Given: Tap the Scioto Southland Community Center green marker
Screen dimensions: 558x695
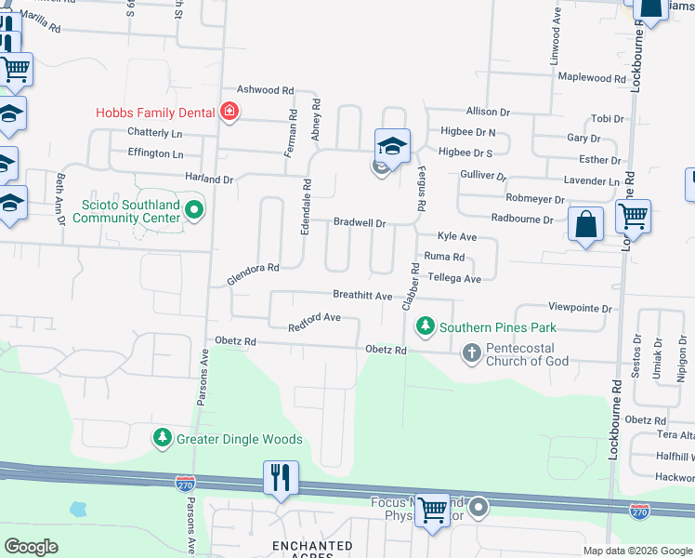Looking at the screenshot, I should coord(194,210).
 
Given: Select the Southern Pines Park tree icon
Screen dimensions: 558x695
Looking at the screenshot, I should coord(425,326).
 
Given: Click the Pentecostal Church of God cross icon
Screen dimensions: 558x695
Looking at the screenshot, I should coord(472,352).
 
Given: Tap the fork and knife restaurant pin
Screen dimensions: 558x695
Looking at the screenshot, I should coord(281,478).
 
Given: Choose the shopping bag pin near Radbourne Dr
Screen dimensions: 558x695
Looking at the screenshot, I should coord(585,224).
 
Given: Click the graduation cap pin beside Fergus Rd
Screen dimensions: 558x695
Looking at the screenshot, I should coord(392,146).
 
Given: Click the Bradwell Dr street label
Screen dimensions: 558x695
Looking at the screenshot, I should coord(360,222).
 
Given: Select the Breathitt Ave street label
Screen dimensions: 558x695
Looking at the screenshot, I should coord(362,295).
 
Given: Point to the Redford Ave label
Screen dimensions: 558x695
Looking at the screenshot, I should coord(314,321).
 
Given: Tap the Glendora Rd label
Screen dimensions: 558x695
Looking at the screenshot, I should coord(253,273).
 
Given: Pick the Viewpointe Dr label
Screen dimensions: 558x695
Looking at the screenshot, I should coord(581,308).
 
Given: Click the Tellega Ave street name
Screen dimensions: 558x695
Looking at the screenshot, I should coord(453,278).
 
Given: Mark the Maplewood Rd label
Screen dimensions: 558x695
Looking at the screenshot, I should coord(596,78).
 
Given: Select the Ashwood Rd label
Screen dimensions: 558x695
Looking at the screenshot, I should coord(265,90).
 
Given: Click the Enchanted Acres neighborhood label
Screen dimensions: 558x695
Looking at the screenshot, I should coord(312,550).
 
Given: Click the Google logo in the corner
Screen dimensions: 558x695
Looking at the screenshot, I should coord(32,547).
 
